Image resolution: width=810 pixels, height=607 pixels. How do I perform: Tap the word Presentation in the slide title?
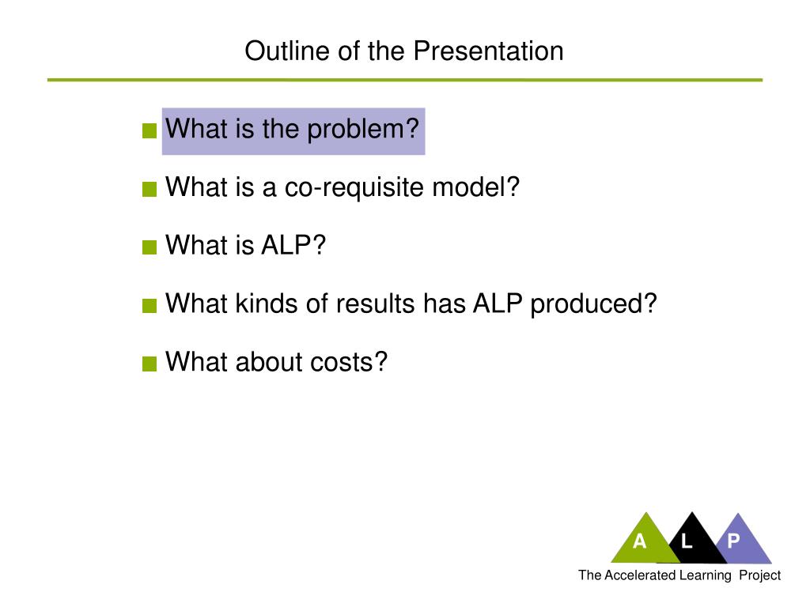point(488,51)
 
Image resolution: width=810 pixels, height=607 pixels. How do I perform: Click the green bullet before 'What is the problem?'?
point(150,131)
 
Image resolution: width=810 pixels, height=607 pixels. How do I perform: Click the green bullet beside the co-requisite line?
point(150,190)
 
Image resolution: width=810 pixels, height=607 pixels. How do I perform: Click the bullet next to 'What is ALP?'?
point(150,248)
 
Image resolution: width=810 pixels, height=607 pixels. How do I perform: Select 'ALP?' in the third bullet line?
point(293,246)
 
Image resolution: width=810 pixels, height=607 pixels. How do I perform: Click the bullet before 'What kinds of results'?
point(150,307)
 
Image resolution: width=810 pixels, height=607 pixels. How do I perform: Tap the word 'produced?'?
point(594,304)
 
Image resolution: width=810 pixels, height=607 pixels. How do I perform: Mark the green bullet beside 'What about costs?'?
point(150,365)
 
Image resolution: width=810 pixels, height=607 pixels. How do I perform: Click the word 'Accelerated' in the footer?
point(640,575)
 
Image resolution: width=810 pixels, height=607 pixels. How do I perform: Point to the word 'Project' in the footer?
point(759,575)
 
